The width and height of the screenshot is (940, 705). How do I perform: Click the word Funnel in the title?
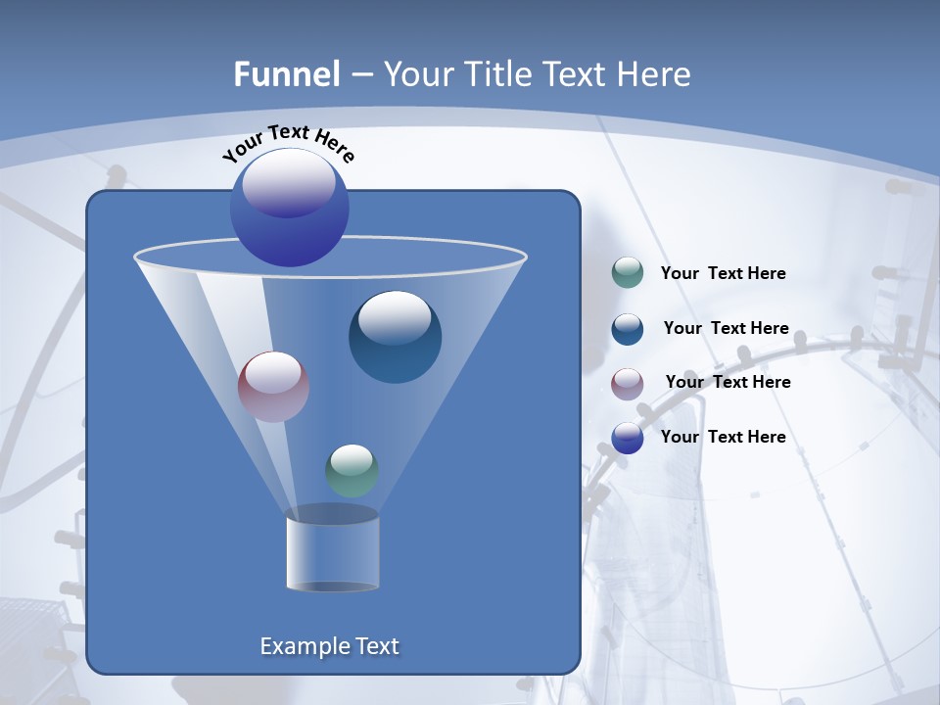pos(287,73)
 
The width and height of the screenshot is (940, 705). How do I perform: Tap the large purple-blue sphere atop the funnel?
pos(290,207)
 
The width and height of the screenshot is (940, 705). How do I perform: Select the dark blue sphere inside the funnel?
pos(395,338)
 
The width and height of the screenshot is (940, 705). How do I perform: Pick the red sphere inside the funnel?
pos(274,387)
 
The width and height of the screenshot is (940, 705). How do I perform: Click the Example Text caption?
pos(330,646)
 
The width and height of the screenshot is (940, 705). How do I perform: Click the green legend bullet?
pos(628,273)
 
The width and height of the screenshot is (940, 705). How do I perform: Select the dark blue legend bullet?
pos(628,329)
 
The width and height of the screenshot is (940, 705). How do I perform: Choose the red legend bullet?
pos(628,383)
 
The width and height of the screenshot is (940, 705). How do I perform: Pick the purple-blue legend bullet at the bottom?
pos(628,438)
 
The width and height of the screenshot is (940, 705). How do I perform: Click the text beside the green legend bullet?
pos(723,273)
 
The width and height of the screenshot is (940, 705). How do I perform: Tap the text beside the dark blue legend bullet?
pos(726,328)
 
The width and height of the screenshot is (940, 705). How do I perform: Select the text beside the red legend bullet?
pos(728,382)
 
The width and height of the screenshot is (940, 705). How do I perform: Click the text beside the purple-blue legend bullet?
pos(723,437)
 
